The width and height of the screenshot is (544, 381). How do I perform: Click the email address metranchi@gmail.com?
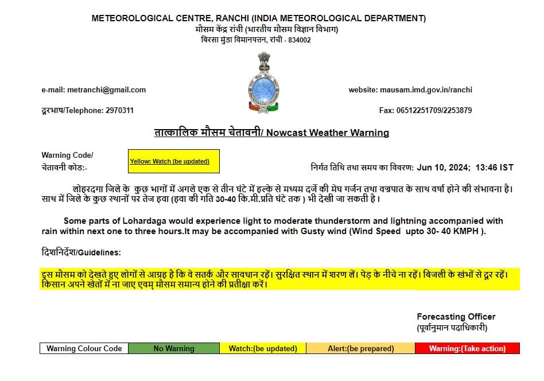pos(106,90)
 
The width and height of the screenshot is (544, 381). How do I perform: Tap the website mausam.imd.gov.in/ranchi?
pos(426,90)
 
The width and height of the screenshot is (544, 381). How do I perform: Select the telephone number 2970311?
pos(119,110)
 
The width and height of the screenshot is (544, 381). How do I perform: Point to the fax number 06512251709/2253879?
pos(435,110)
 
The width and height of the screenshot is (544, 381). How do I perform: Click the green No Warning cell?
pos(173,348)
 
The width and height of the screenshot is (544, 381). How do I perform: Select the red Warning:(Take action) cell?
pos(467,348)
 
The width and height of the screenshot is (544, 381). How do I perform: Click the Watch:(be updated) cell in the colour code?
pos(263,348)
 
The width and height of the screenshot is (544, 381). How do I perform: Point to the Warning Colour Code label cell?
pos(84,348)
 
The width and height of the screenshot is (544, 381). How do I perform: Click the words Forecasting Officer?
pos(456,317)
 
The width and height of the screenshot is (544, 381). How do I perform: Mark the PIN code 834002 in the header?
pos(299,40)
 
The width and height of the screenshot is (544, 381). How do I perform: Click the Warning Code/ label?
pos(67,155)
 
